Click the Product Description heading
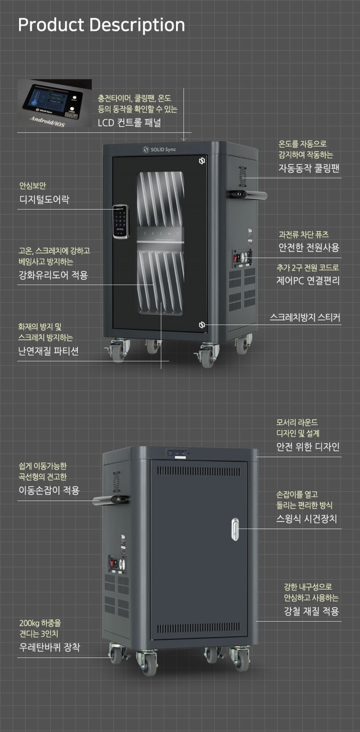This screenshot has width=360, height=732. click(x=101, y=25)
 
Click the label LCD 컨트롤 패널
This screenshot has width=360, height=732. click(x=129, y=123)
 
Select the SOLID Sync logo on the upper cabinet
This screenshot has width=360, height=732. click(x=159, y=149)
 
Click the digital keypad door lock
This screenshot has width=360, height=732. click(x=121, y=221)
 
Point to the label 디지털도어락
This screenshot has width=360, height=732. click(x=44, y=200)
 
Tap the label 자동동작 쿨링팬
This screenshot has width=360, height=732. click(x=309, y=168)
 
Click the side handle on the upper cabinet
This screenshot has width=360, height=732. click(x=247, y=194)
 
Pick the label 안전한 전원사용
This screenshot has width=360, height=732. click(x=309, y=248)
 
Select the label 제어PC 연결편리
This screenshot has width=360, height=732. click(x=308, y=281)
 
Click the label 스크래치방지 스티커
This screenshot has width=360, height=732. click(x=305, y=318)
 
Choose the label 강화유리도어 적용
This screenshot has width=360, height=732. click(x=53, y=275)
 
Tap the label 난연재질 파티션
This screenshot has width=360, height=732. click(x=48, y=351)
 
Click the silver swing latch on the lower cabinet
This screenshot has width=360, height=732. click(x=235, y=529)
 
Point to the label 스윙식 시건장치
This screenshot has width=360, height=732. click(x=306, y=519)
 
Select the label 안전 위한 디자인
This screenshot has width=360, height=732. click(x=308, y=447)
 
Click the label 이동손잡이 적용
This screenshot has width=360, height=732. click(x=49, y=490)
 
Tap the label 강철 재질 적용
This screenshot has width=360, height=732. click(x=311, y=611)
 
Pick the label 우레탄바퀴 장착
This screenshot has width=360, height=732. click(x=49, y=647)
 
